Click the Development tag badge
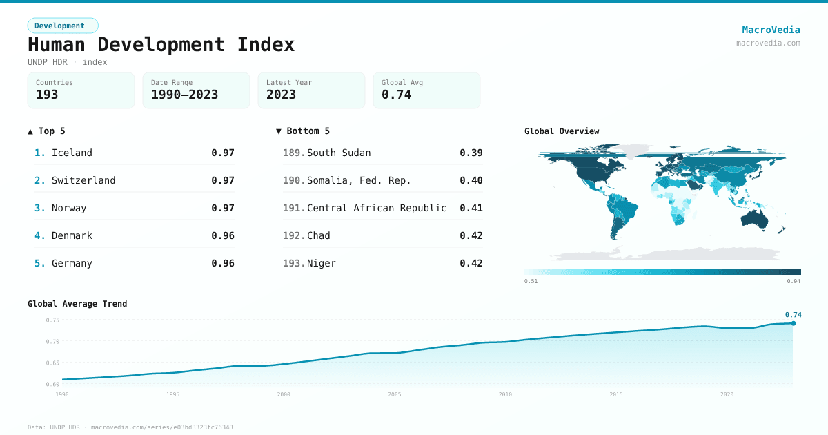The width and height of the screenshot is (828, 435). [62, 26]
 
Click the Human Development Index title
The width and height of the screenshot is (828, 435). [161, 44]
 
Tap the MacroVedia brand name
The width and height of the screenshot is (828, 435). [771, 30]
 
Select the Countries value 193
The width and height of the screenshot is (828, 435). [47, 95]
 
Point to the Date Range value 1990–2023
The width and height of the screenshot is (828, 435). [184, 95]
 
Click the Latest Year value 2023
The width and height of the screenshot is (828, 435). [281, 95]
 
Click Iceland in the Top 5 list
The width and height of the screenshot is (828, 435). [72, 153]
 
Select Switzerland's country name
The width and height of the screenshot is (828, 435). [83, 180]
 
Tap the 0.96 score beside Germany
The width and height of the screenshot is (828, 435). [223, 263]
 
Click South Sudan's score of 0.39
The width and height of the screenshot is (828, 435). [471, 153]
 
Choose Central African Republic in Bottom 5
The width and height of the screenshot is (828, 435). [377, 208]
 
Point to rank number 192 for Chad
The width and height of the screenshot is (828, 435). [293, 235]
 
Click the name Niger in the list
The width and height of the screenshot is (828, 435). [322, 263]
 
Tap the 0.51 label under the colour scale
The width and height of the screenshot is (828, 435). [531, 281]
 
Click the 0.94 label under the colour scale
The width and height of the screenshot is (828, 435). [793, 281]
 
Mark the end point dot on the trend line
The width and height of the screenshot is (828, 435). [793, 323]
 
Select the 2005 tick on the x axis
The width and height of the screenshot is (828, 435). [395, 394]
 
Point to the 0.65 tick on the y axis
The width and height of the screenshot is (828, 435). [52, 362]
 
